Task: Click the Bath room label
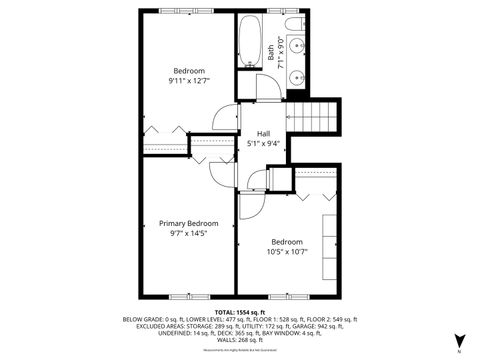click(272, 50)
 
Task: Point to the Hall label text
click(264, 133)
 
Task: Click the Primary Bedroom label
click(189, 223)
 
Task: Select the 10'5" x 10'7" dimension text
click(288, 252)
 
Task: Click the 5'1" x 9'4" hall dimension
click(264, 143)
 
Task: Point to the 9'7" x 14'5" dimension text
click(189, 233)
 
